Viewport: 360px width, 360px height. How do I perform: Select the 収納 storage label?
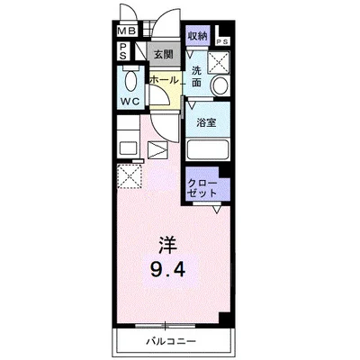tap(198, 35)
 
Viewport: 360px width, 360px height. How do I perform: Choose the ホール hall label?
tap(164, 80)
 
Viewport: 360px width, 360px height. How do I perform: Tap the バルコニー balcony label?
tap(167, 343)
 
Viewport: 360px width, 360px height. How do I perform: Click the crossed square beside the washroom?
tap(220, 62)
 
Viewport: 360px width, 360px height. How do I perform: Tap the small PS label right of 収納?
tap(221, 41)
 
